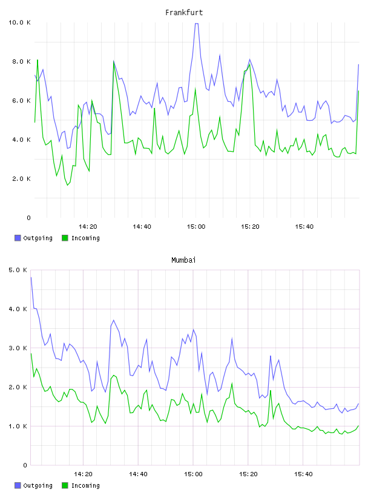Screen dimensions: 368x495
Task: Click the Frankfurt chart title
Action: pos(184,13)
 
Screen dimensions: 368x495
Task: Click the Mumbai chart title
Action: pos(183,260)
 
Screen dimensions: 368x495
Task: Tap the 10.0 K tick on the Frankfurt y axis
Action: pos(19,22)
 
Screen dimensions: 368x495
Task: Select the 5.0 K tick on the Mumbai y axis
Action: pos(18,270)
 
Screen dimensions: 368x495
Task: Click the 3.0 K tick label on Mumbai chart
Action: pos(18,348)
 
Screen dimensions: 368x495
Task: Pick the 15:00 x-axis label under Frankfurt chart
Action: pos(196,227)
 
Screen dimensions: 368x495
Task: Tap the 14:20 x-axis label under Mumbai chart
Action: pos(83,474)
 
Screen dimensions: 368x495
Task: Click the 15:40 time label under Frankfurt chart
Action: pos(304,227)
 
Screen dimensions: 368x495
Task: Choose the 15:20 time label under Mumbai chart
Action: pos(248,474)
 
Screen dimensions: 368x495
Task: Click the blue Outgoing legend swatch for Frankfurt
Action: pos(18,238)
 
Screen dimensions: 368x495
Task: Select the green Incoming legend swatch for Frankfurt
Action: pos(65,238)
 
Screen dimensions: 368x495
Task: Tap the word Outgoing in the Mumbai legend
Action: pos(38,485)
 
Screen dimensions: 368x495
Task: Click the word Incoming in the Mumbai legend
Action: pos(85,485)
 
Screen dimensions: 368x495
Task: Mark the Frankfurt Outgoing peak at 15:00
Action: pos(196,24)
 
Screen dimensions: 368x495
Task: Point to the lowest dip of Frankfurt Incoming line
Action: pos(67,185)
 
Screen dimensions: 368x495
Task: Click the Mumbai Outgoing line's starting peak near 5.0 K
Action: pos(31,277)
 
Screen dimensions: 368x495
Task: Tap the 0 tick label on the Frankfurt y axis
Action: pos(28,218)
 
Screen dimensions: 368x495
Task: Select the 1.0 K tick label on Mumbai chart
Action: pos(18,426)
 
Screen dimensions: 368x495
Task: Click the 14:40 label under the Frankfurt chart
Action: pos(142,227)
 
